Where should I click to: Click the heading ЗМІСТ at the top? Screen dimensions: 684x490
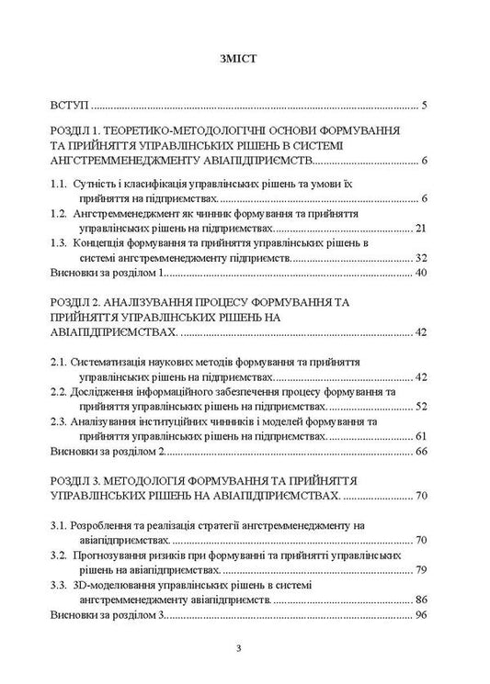(x=245, y=59)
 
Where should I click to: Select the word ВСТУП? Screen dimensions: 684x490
(x=69, y=105)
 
